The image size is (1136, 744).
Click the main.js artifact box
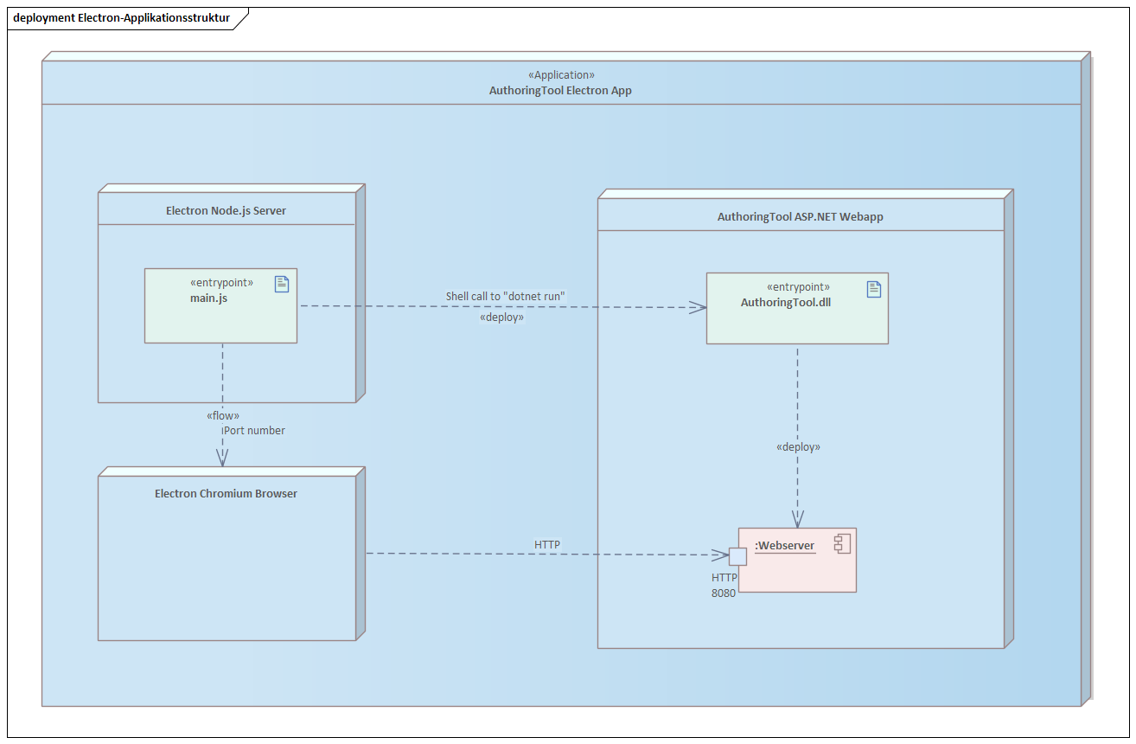(220, 316)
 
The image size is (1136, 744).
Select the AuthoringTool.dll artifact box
(796, 320)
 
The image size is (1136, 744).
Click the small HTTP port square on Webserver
(737, 556)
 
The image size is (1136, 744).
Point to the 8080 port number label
(724, 593)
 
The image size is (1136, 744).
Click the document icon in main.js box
(282, 284)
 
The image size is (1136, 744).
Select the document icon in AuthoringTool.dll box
(873, 289)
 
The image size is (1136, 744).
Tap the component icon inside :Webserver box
(841, 543)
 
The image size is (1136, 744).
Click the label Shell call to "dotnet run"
(505, 296)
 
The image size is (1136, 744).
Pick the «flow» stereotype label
(223, 415)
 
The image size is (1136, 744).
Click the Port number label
(254, 430)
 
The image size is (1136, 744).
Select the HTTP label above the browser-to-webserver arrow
(546, 544)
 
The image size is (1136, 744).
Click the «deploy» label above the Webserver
(798, 447)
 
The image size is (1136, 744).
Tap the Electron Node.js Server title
(226, 210)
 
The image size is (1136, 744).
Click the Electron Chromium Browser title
(226, 493)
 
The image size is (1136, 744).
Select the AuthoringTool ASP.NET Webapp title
(800, 216)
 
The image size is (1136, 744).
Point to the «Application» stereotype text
(560, 75)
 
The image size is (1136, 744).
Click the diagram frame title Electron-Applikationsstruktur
(121, 17)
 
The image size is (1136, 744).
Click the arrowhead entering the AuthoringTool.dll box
(699, 307)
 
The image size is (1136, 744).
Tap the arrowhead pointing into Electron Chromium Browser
(222, 459)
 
